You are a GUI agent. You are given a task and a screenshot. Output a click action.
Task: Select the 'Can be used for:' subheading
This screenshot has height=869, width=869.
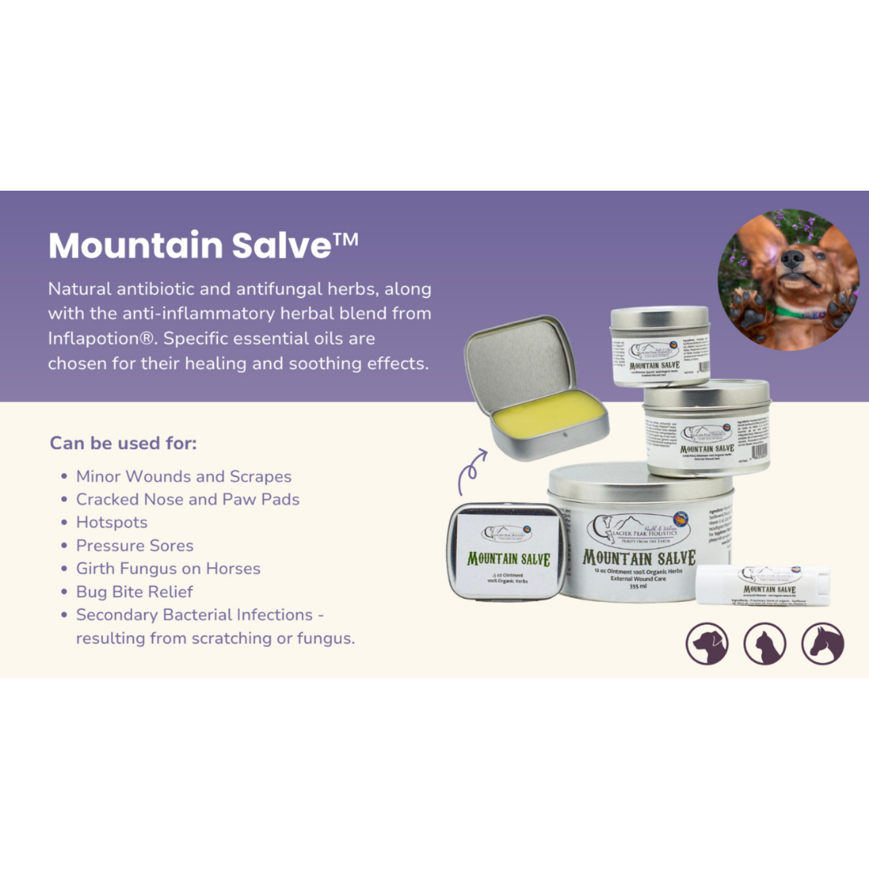pos(123,443)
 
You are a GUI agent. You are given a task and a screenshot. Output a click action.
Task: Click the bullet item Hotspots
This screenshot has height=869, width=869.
pos(112,522)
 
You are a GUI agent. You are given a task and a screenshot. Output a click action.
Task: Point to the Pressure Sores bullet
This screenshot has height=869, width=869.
pos(134,546)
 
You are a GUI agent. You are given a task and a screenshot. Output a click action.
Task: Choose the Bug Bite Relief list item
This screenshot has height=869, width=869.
pos(134,591)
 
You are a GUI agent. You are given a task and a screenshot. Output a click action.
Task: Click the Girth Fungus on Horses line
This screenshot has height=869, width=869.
pos(168,568)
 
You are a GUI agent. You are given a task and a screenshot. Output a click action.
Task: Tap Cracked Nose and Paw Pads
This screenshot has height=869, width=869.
pos(187,499)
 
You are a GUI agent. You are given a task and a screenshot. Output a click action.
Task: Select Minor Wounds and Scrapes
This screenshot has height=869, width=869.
pos(183,476)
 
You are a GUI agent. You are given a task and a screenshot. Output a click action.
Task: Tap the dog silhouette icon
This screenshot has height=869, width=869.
pos(707,644)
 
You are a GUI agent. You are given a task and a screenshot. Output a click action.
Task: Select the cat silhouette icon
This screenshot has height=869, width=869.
pos(764,644)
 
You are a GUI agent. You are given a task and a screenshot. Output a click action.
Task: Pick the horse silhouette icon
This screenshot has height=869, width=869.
pos(822,644)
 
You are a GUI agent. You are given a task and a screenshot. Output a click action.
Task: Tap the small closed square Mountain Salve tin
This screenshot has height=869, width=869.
pos(506,550)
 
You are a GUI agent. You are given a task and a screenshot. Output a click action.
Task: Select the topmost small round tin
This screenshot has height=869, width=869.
pos(660,344)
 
